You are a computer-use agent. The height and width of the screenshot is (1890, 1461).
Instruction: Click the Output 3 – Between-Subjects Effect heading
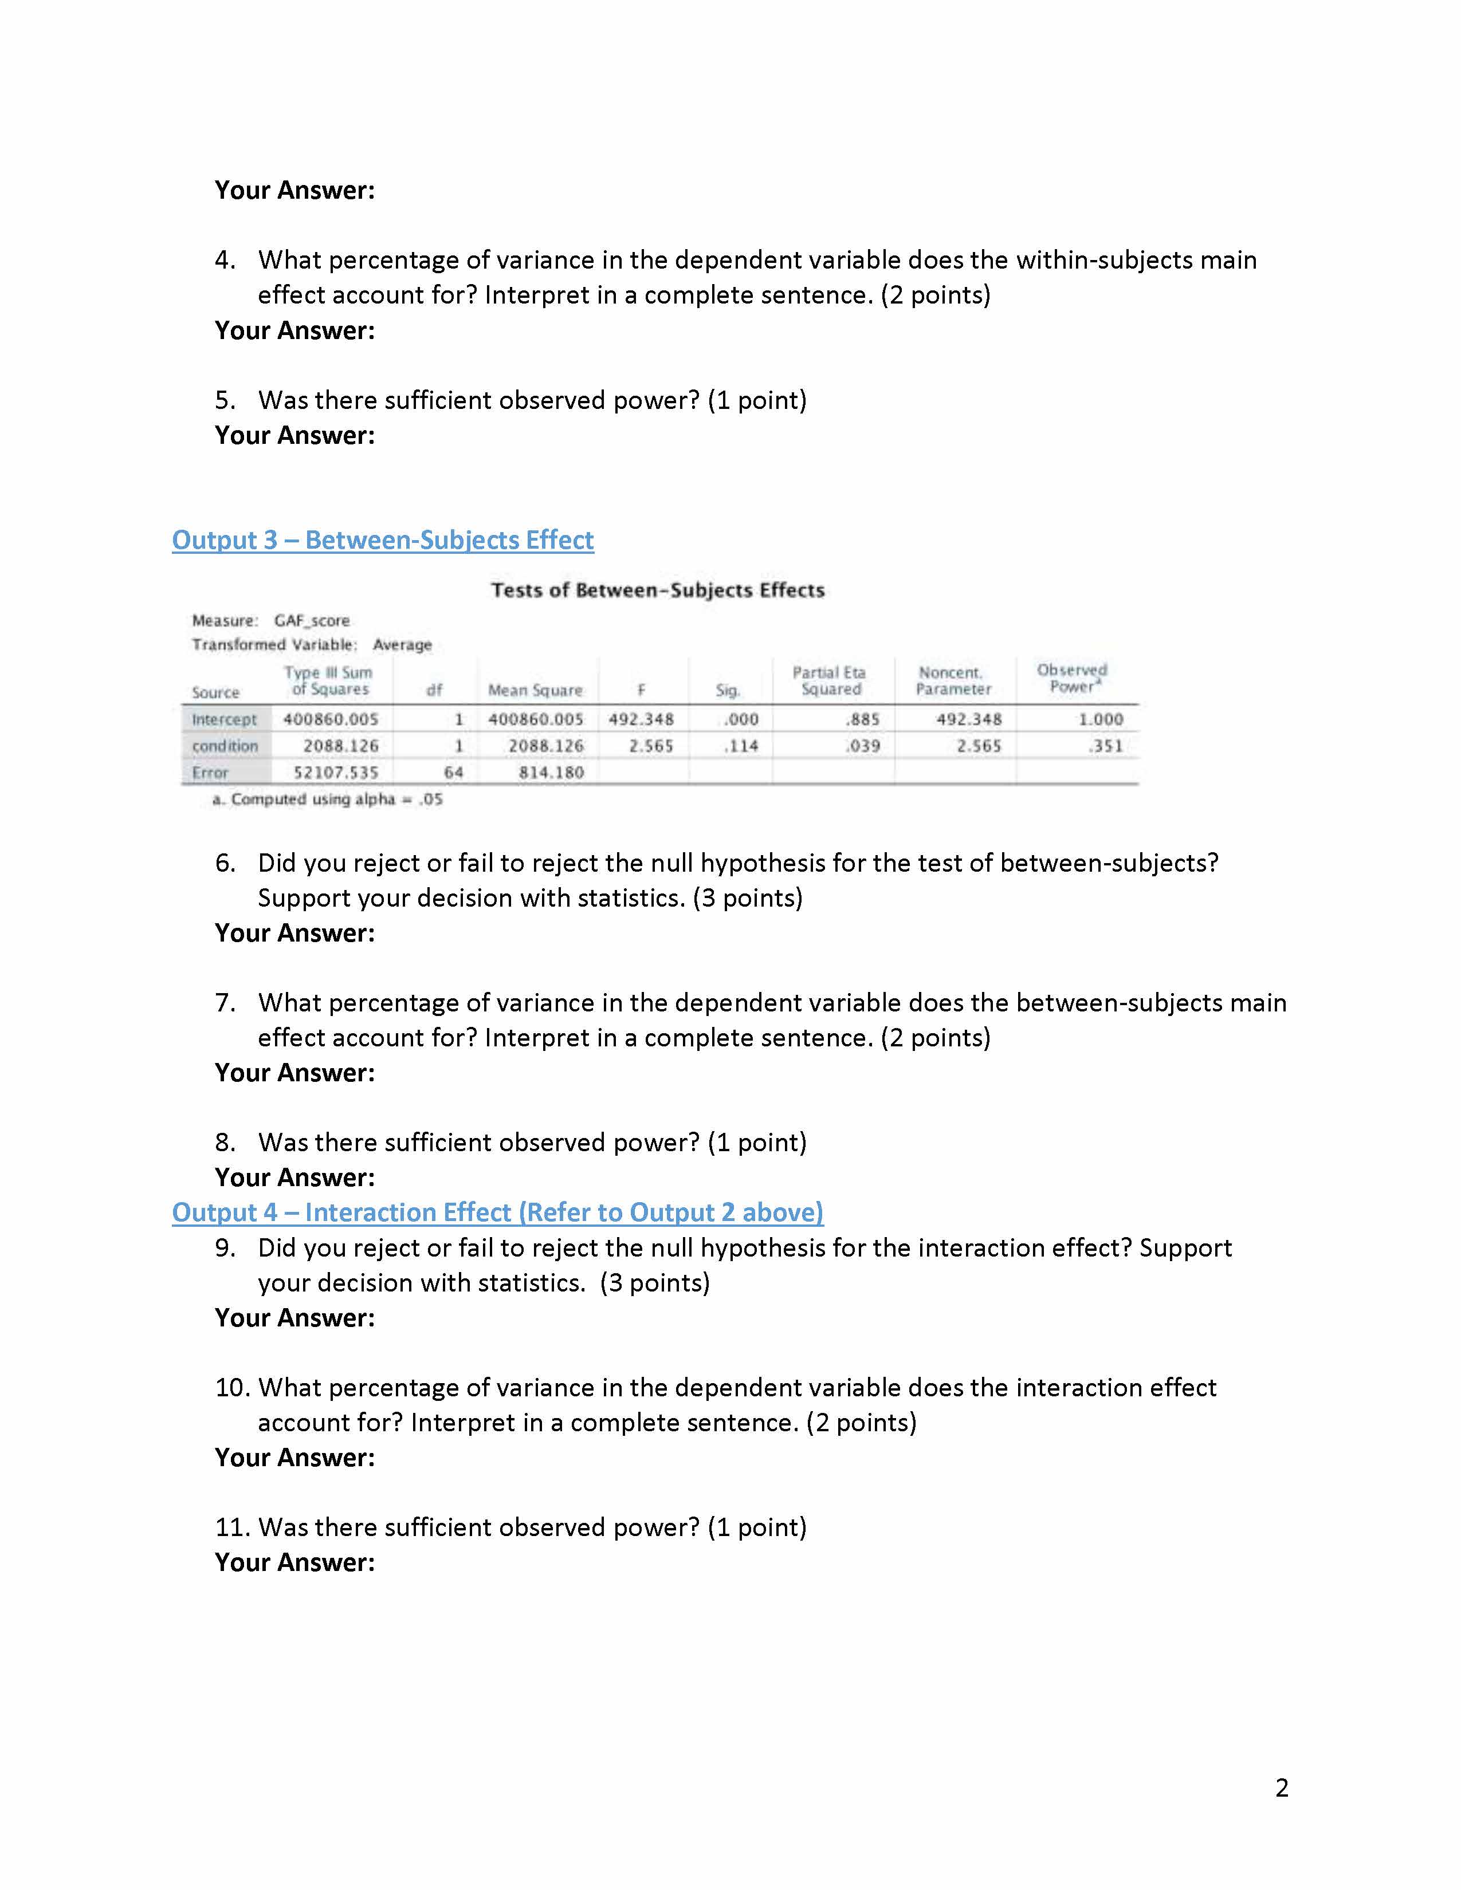[x=383, y=540]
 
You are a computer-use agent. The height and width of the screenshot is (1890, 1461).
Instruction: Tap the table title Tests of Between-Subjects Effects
[x=658, y=590]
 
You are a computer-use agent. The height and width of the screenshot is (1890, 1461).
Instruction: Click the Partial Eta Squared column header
[x=829, y=681]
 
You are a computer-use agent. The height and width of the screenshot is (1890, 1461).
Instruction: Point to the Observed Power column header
[x=1073, y=679]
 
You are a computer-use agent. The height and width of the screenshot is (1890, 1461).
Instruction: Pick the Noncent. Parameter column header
[x=952, y=681]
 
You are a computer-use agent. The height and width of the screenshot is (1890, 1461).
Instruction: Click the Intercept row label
[x=224, y=720]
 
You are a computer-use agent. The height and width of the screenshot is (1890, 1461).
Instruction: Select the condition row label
[x=225, y=746]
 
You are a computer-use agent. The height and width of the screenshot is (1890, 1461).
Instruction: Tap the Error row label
[x=210, y=773]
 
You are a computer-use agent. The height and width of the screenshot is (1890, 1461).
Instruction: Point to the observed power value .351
[x=1106, y=746]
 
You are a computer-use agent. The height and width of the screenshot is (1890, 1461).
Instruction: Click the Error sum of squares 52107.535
[x=336, y=773]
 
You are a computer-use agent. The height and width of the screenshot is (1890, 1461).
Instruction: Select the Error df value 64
[x=454, y=773]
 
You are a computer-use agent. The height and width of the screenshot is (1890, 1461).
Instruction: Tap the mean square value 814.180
[x=551, y=773]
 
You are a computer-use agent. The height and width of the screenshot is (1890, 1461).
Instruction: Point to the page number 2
[x=1282, y=1788]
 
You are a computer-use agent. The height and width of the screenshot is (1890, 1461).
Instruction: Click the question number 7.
[x=224, y=1003]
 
